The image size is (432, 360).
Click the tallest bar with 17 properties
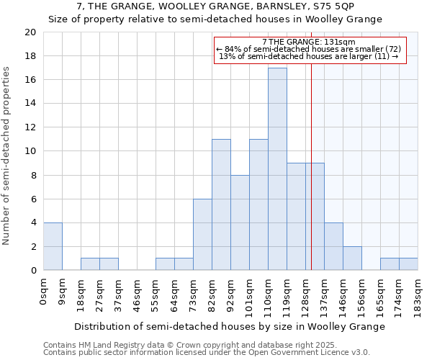[x=277, y=169]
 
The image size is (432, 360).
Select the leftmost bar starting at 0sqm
[x=53, y=246]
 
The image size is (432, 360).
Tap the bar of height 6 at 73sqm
[x=202, y=235]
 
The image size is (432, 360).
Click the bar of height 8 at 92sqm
[x=240, y=222]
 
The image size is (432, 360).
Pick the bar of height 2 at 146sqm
[x=352, y=258]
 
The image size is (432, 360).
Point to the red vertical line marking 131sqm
[x=311, y=180]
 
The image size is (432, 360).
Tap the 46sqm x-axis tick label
[x=138, y=295]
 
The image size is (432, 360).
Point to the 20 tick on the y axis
[x=30, y=32]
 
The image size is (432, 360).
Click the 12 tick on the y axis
[x=30, y=127]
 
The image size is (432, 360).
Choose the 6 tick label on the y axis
[x=33, y=199]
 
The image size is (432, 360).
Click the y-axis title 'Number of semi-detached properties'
[x=7, y=156]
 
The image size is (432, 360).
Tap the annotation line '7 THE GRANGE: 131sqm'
[x=310, y=42]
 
